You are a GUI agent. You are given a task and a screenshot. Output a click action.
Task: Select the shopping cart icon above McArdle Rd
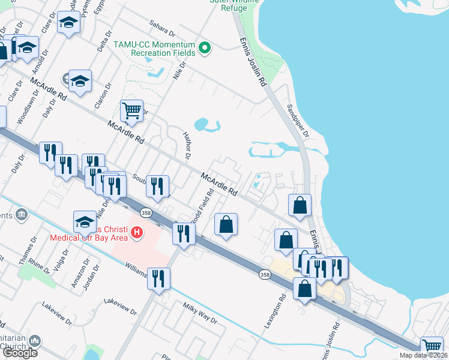131,110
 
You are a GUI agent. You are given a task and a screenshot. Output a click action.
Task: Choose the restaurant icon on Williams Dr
158,279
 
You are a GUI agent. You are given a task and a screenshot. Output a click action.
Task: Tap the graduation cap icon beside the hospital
85,222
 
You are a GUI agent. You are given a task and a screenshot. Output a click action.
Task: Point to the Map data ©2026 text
423,355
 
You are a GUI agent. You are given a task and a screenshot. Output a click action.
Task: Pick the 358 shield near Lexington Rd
265,274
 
